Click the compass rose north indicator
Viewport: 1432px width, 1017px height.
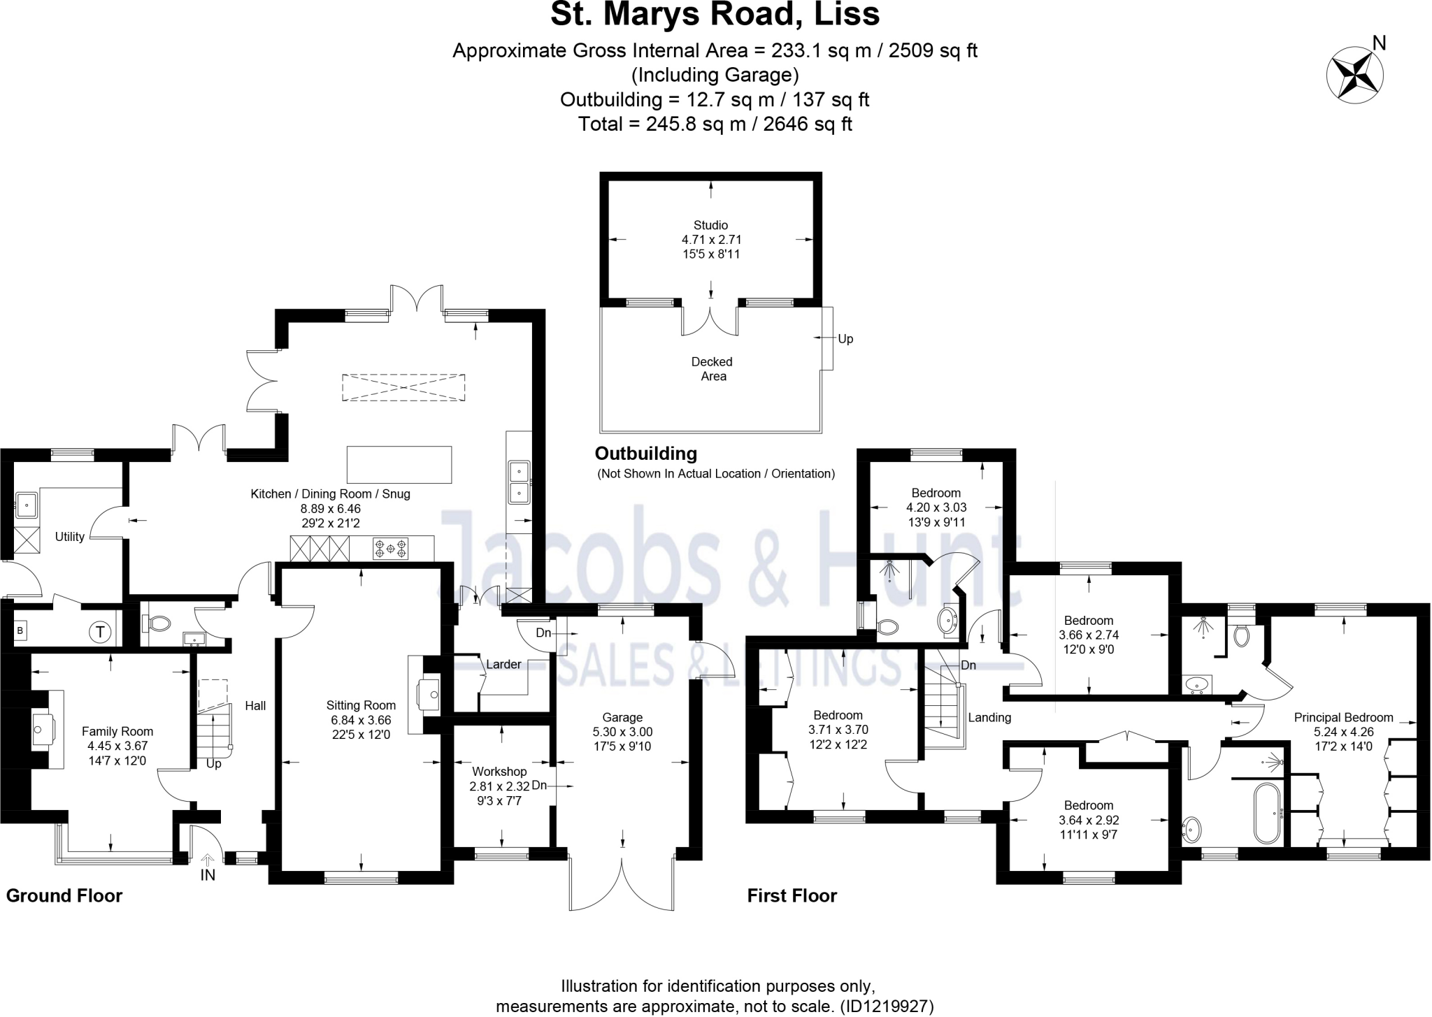pyautogui.click(x=1355, y=75)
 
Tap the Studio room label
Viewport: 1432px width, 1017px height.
pyautogui.click(x=710, y=225)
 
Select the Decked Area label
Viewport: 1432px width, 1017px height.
pyautogui.click(x=713, y=369)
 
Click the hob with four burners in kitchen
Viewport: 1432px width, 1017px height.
pyautogui.click(x=391, y=548)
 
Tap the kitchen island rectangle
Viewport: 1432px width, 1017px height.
pyautogui.click(x=399, y=465)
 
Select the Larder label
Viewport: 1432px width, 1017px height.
pyautogui.click(x=503, y=665)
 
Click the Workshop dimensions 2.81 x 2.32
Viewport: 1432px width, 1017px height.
pyautogui.click(x=499, y=786)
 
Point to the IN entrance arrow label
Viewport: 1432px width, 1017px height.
pyautogui.click(x=208, y=874)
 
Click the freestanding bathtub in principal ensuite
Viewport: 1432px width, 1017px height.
pyautogui.click(x=1268, y=813)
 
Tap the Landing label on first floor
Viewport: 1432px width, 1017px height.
pyautogui.click(x=989, y=718)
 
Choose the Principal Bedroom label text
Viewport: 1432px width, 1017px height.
pyautogui.click(x=1343, y=718)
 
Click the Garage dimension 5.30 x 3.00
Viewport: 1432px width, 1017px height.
pyautogui.click(x=622, y=733)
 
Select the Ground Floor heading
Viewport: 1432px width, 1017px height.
pyautogui.click(x=64, y=896)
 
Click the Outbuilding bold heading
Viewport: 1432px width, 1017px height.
pyautogui.click(x=646, y=454)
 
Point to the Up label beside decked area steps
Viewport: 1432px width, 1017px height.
pyautogui.click(x=845, y=339)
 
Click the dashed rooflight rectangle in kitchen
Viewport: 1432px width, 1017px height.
pyautogui.click(x=403, y=387)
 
